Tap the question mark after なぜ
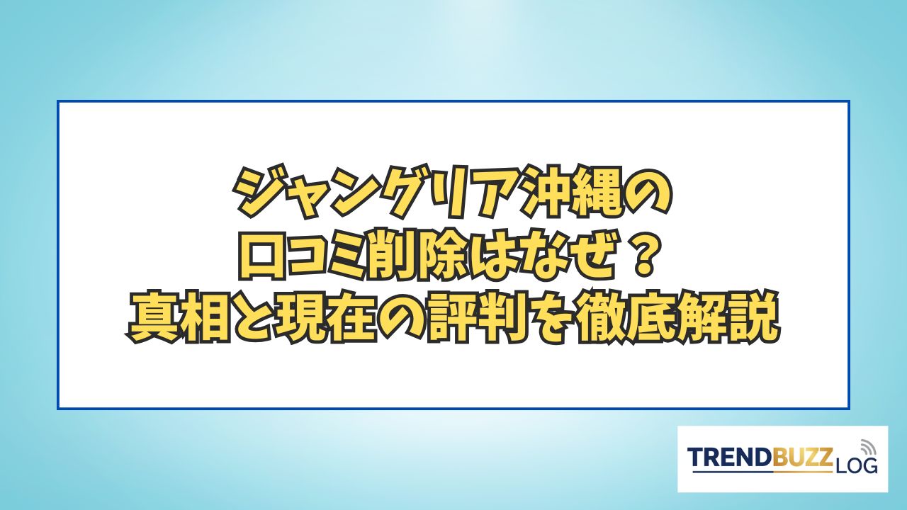[643, 259]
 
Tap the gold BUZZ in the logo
[802, 458]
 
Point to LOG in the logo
[855, 466]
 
